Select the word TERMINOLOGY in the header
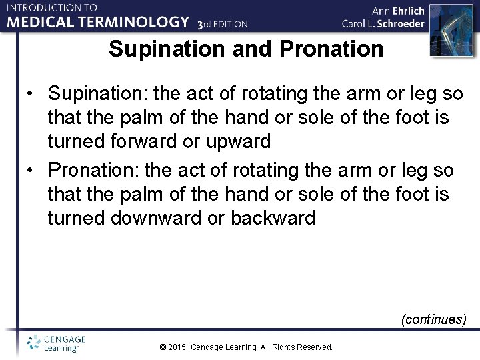(x=137, y=22)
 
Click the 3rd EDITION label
(x=223, y=24)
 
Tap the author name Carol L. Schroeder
(x=383, y=24)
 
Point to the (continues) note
(x=433, y=319)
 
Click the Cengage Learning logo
(x=56, y=343)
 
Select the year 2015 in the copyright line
(x=178, y=347)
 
